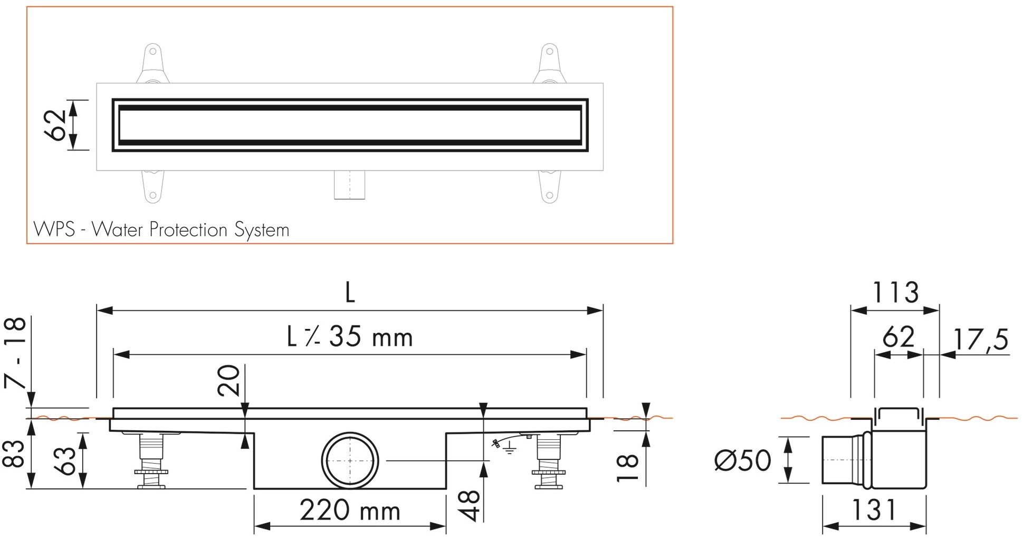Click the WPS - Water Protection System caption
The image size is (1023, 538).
pyautogui.click(x=161, y=230)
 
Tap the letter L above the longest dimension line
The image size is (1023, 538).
pyautogui.click(x=350, y=292)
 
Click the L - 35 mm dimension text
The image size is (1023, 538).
pyautogui.click(x=350, y=336)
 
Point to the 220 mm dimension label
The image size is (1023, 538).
pyautogui.click(x=350, y=511)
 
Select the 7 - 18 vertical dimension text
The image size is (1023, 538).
pyautogui.click(x=15, y=352)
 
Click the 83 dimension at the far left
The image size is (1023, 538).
pyautogui.click(x=14, y=454)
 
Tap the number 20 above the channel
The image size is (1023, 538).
pyautogui.click(x=229, y=380)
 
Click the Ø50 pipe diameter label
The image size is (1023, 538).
pyautogui.click(x=742, y=460)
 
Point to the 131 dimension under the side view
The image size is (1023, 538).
pyautogui.click(x=874, y=510)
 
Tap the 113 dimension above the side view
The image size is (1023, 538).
pyautogui.click(x=895, y=292)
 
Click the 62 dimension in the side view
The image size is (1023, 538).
pyautogui.click(x=898, y=337)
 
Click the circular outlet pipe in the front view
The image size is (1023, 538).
pyautogui.click(x=350, y=460)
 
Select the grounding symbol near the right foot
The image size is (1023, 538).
pyautogui.click(x=508, y=449)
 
